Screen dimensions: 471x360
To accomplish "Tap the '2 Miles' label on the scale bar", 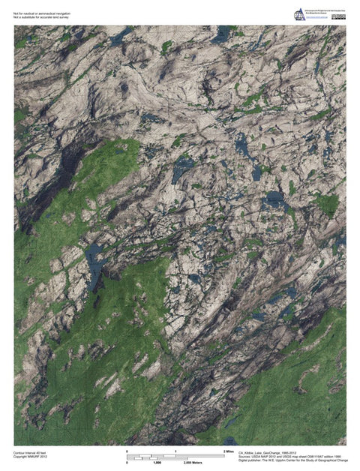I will pos(230,451).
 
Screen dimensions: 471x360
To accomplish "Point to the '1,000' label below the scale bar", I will pos(157,463).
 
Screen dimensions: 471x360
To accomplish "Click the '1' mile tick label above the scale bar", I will pos(175,451).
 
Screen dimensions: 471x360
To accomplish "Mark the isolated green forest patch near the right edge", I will pos(327,202).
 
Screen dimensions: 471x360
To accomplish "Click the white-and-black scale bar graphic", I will pos(175,457).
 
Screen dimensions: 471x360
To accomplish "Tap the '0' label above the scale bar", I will pos(127,451).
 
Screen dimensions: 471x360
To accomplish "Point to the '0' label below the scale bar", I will pos(127,463).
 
